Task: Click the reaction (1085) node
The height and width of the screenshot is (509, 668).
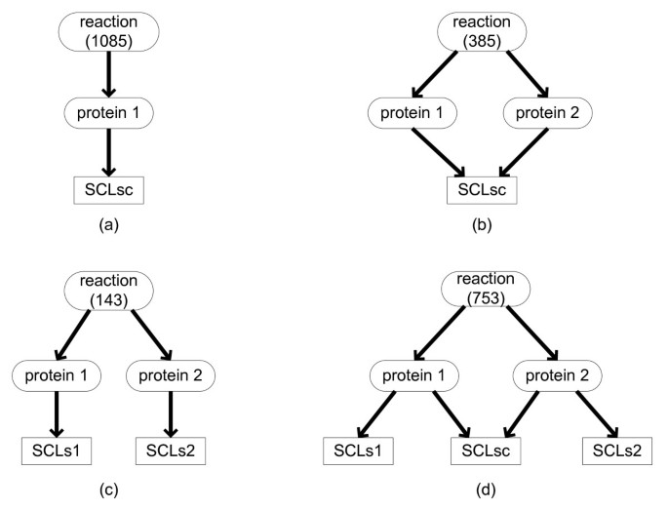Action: tap(108, 31)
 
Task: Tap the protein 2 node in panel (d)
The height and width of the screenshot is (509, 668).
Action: tap(555, 373)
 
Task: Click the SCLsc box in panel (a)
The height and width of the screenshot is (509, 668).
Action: tap(108, 190)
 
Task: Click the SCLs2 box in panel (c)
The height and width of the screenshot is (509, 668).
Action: tap(171, 451)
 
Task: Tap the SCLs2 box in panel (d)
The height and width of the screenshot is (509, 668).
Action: tap(616, 451)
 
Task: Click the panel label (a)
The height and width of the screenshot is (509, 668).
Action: tap(108, 225)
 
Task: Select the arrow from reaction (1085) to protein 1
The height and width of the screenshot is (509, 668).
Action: tap(108, 72)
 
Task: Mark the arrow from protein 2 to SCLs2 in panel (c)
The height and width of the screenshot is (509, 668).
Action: tap(171, 412)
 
